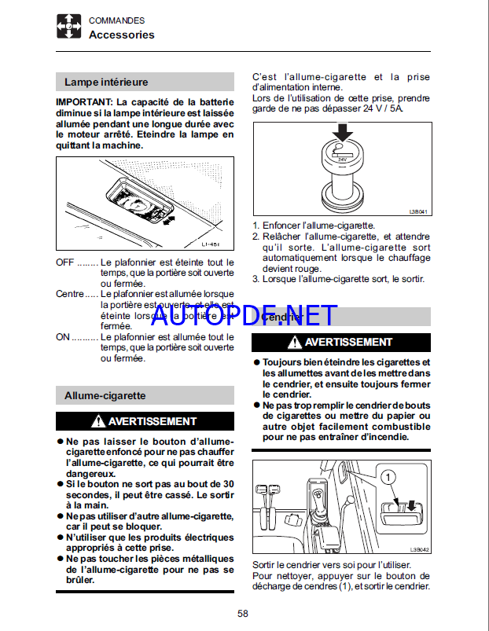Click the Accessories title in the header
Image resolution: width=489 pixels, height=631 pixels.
121,35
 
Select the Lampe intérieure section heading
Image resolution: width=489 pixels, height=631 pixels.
106,82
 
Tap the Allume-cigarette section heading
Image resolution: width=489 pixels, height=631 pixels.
105,395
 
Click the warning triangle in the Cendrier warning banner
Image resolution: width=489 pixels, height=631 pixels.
294,343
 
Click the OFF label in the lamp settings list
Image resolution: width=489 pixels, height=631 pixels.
64,262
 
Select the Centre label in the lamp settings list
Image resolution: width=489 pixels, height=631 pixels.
69,293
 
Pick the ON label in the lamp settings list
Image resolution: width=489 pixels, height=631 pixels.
63,336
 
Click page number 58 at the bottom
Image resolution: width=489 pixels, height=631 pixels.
243,614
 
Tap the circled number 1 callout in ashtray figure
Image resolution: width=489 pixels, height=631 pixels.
387,476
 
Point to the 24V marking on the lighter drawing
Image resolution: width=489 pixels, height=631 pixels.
342,159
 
